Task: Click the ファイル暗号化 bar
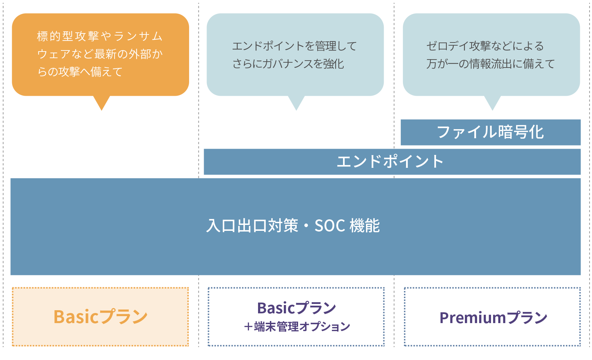491,132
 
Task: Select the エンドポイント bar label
390,162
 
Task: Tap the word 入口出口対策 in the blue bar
252,226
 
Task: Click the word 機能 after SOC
365,226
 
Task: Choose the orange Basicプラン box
100,316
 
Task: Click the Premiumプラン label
493,318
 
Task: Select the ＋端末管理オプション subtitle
297,327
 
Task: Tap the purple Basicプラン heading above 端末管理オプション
297,308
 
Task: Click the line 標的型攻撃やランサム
100,36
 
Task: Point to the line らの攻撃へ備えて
80,72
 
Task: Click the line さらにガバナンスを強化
288,64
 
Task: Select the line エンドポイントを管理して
294,46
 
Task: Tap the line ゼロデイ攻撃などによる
485,46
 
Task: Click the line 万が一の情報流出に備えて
491,64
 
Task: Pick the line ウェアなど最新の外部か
100,54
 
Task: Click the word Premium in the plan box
473,318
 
